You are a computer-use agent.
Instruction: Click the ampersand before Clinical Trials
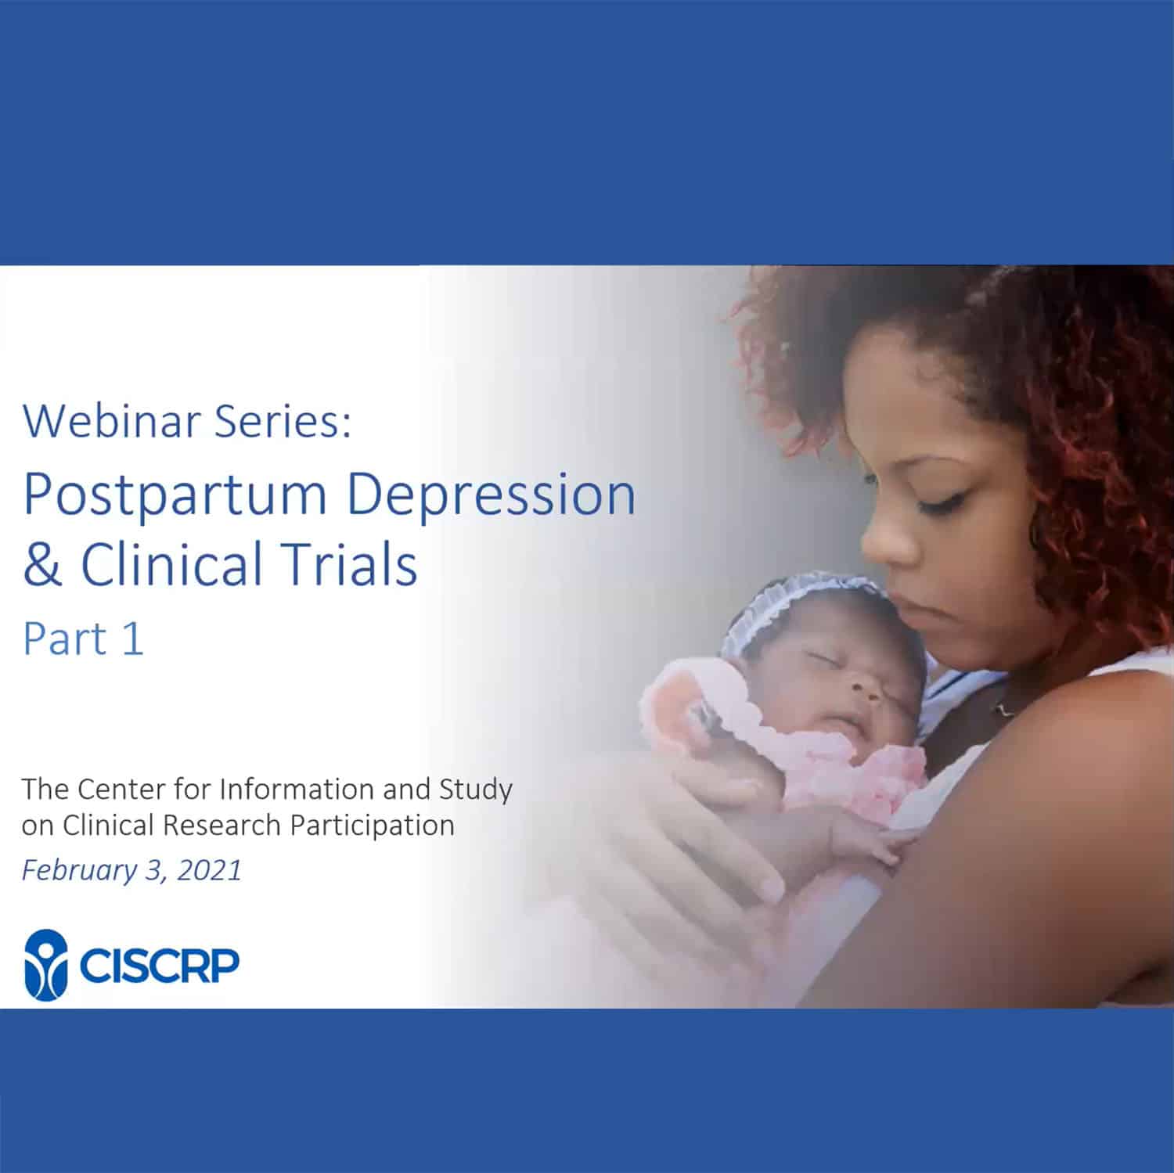point(42,565)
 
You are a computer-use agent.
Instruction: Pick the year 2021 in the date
point(209,871)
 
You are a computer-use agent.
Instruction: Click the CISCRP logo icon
point(46,964)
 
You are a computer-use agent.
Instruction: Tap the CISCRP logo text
point(158,966)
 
